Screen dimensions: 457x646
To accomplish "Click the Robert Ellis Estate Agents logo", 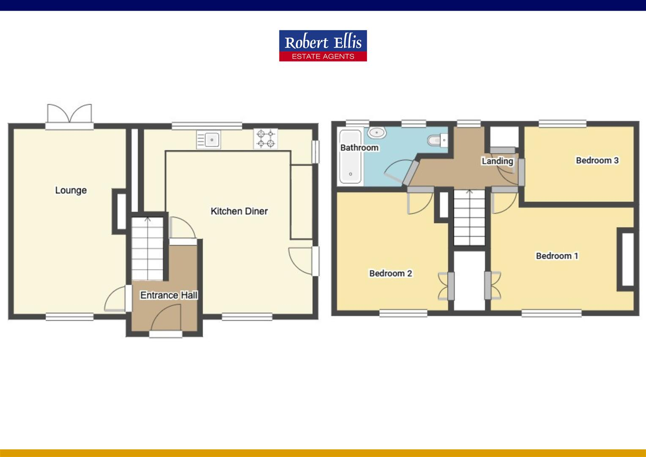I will point(323,46).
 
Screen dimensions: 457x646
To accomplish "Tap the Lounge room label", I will point(71,190).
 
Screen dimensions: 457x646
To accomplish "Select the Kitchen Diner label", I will point(239,211).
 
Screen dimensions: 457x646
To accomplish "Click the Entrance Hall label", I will point(169,295).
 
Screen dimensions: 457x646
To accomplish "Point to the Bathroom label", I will point(359,148).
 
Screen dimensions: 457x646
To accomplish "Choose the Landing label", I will point(497,161).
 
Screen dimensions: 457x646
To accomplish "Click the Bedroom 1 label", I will point(557,256).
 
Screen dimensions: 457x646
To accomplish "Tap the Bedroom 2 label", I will point(390,273).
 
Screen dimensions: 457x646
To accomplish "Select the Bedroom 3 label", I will point(597,160).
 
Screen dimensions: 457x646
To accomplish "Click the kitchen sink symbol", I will point(208,139).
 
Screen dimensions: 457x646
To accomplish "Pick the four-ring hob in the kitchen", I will point(266,139).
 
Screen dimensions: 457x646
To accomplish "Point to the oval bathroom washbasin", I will point(376,132).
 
